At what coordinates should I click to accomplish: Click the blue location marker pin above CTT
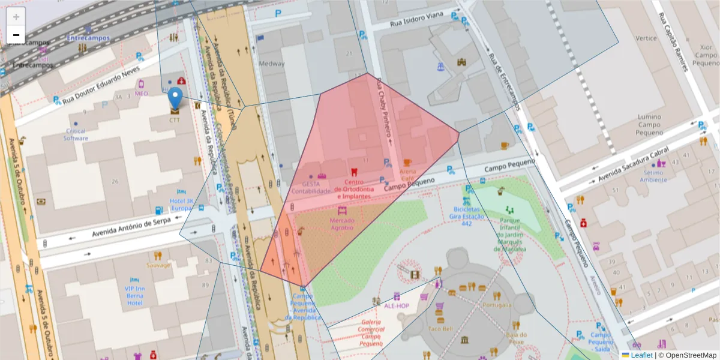pyautogui.click(x=175, y=98)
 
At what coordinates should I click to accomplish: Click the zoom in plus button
pyautogui.click(x=16, y=17)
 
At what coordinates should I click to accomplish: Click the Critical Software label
pyautogui.click(x=76, y=134)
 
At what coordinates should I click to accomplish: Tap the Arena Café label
pyautogui.click(x=407, y=175)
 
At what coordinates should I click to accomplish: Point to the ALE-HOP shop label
pyautogui.click(x=396, y=305)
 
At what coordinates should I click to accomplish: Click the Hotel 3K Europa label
pyautogui.click(x=181, y=205)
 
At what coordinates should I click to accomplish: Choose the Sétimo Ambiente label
pyautogui.click(x=653, y=176)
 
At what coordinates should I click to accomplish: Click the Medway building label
pyautogui.click(x=271, y=64)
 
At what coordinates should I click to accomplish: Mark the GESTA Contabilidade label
pyautogui.click(x=311, y=187)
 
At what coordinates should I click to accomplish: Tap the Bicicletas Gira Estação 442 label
pyautogui.click(x=467, y=216)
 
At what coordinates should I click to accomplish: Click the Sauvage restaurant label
pyautogui.click(x=158, y=265)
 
